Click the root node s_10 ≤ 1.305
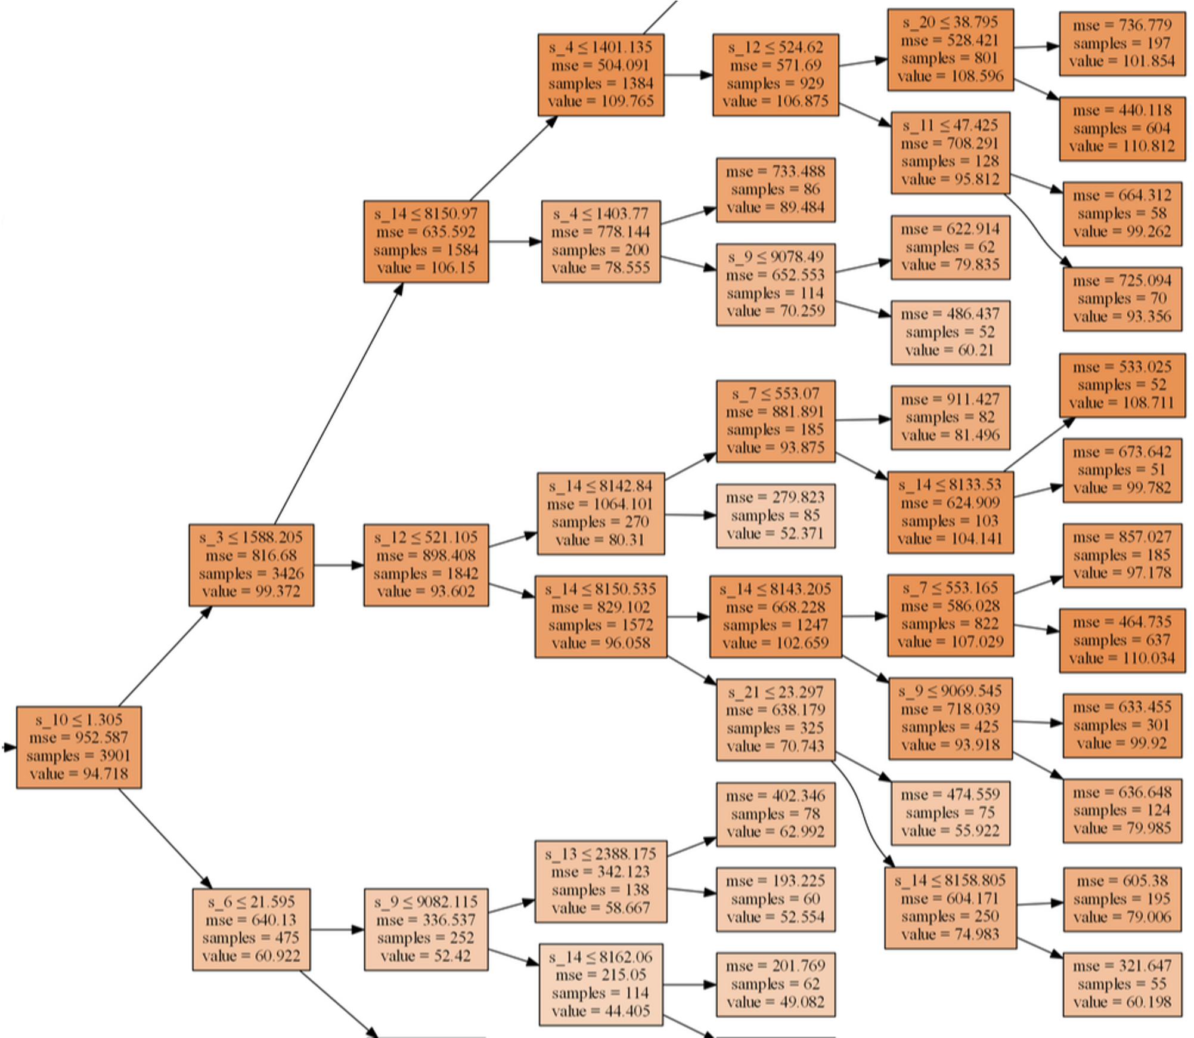(79, 747)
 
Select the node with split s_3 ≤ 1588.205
(251, 565)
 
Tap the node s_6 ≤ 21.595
(251, 929)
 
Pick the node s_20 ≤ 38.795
(950, 50)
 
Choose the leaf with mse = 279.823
(776, 515)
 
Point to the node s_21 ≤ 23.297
(776, 719)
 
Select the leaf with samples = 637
(1122, 640)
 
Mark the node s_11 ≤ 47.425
(950, 153)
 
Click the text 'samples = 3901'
(78, 756)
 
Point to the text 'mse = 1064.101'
(600, 504)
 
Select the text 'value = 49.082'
(776, 1002)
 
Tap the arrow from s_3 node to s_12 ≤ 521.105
(339, 565)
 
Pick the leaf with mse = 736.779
(1122, 44)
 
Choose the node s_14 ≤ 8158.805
(950, 907)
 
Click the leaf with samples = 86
(776, 190)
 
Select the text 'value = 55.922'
(950, 831)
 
